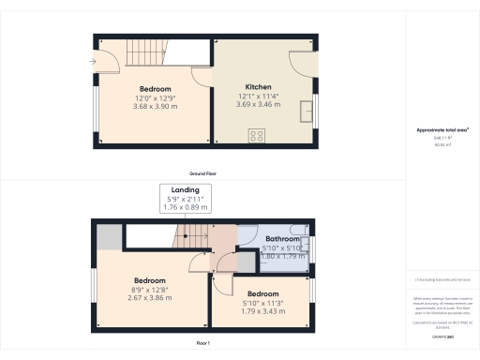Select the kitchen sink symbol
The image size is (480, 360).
[307, 112]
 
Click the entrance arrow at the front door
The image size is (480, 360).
[90, 63]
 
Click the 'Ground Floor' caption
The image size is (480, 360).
[203, 173]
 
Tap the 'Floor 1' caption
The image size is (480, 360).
[203, 343]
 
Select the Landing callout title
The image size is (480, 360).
[185, 189]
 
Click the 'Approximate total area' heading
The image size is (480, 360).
[442, 129]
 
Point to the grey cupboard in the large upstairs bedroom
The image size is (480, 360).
[109, 237]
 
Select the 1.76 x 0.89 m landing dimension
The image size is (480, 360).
[185, 207]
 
